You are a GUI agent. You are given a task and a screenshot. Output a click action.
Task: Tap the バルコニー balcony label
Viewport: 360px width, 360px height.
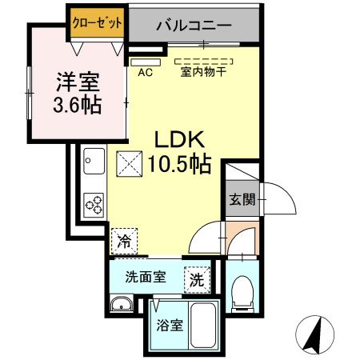(194, 25)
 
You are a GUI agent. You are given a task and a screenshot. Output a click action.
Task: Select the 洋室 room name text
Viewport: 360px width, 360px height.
(77, 81)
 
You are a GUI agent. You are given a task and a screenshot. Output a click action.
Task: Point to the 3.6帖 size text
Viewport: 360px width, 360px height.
(77, 104)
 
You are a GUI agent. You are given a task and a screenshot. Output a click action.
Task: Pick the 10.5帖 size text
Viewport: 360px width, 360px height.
(179, 165)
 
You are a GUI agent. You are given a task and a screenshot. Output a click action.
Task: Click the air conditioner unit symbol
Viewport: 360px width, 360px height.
(146, 61)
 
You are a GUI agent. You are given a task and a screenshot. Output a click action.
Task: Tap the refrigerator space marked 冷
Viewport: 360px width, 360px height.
(125, 239)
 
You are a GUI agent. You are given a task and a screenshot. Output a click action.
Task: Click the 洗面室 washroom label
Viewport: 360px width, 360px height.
(145, 278)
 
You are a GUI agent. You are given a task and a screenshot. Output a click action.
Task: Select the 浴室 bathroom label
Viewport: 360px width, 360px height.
(170, 326)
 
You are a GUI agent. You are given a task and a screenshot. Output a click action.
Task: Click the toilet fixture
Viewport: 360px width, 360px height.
(240, 294)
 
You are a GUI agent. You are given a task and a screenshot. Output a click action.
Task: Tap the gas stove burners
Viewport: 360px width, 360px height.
(94, 204)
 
